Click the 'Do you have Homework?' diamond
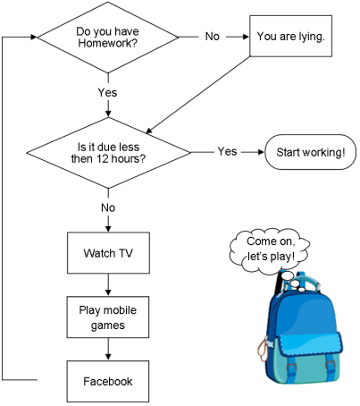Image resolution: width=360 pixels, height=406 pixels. tap(108, 38)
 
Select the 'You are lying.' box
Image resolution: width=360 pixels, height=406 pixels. tap(290, 36)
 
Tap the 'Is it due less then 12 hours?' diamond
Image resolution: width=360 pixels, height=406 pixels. tap(108, 153)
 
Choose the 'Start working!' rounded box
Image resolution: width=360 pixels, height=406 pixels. tap(310, 152)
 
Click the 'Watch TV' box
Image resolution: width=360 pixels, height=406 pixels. tap(108, 253)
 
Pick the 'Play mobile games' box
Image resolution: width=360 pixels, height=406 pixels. tap(108, 317)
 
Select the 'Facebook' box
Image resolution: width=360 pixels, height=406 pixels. tap(108, 382)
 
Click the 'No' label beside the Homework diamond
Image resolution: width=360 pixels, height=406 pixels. tap(213, 37)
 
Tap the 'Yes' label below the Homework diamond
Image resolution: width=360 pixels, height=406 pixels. tap(107, 92)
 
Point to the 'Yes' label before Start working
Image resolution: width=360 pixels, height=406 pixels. tap(227, 151)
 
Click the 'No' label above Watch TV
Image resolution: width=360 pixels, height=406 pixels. tap(108, 207)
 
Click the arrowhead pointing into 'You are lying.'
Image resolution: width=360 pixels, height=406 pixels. tap(246, 37)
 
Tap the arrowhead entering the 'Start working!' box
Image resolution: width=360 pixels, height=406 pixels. tap(261, 152)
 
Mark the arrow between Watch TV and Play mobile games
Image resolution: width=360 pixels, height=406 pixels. tap(108, 284)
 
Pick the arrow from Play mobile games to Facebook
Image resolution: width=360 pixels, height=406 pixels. tap(108, 349)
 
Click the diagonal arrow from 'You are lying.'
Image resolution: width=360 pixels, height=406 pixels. tap(198, 95)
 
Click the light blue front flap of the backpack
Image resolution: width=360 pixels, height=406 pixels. tap(310, 343)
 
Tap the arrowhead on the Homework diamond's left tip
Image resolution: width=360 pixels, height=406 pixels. tap(34, 38)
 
